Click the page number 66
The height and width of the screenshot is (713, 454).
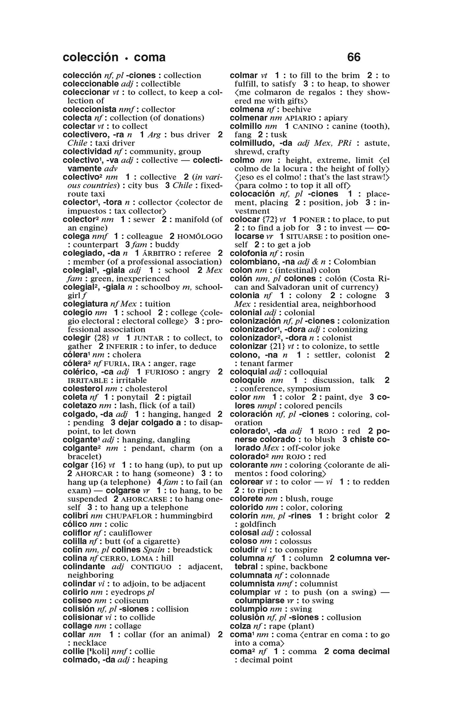[x=354, y=57]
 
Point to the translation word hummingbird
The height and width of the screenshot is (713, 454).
[x=186, y=516]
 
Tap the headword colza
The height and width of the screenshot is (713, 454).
[x=238, y=626]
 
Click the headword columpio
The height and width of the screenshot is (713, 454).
[x=249, y=609]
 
